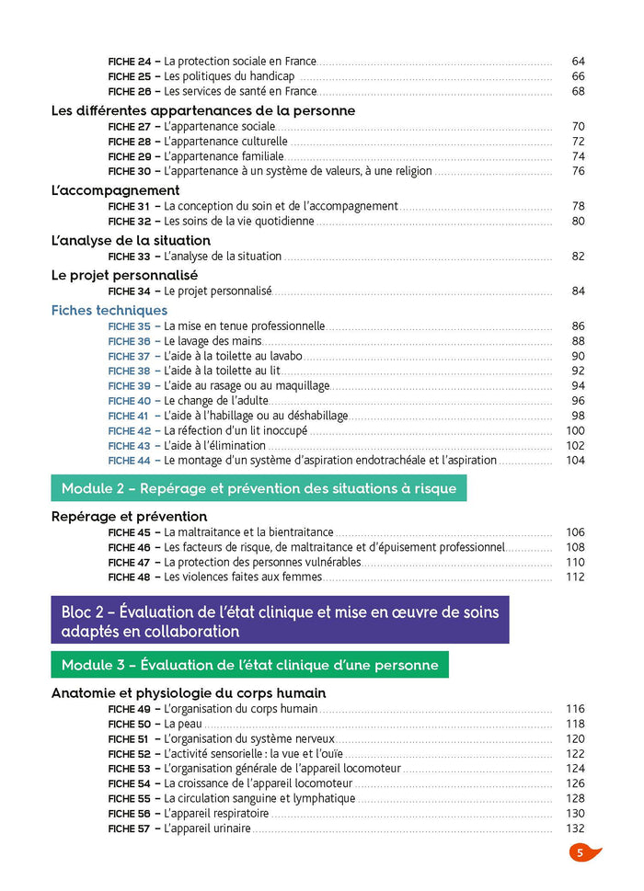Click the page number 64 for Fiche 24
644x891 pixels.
578,62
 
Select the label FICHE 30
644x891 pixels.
129,171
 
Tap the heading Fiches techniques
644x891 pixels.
109,311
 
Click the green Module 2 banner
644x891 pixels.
259,488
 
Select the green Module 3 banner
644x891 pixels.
249,664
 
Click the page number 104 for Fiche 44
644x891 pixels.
575,461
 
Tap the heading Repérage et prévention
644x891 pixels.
129,517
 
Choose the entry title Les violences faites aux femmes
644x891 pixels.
243,577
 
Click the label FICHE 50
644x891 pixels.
129,725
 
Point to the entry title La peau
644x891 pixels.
183,725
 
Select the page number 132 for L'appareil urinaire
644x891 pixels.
575,828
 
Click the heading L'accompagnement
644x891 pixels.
115,190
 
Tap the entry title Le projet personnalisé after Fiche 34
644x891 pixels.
218,291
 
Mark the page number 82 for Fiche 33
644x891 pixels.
578,257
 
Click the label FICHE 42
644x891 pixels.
129,430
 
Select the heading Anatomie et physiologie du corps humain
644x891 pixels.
189,693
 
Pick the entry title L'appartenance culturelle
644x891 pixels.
225,142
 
